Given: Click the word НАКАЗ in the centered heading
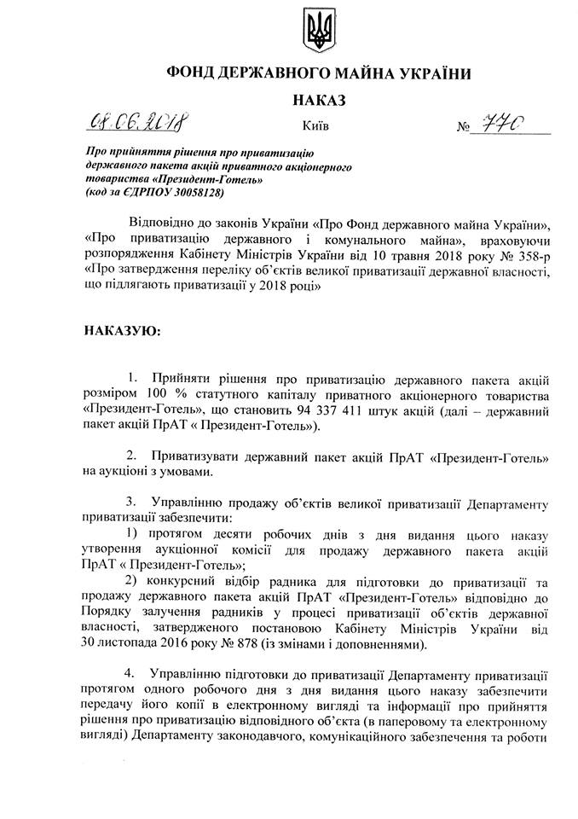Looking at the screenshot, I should [x=321, y=101].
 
